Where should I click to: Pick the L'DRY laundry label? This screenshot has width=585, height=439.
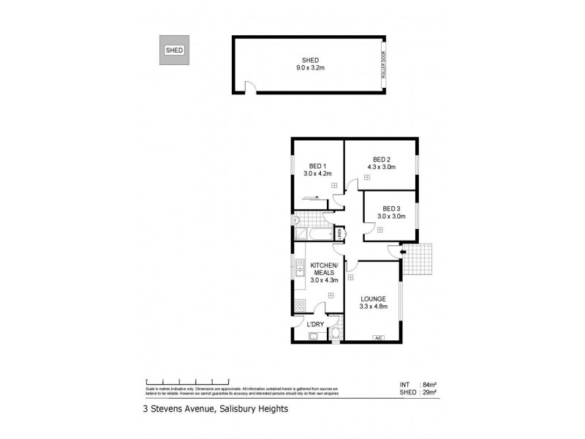[315, 324]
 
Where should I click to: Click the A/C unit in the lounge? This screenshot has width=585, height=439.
[378, 337]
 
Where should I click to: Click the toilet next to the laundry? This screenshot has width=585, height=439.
[335, 334]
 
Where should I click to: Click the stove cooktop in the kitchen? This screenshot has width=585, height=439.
[300, 306]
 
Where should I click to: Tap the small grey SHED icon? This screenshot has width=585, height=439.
[174, 50]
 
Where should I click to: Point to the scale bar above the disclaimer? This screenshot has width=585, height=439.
[189, 381]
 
